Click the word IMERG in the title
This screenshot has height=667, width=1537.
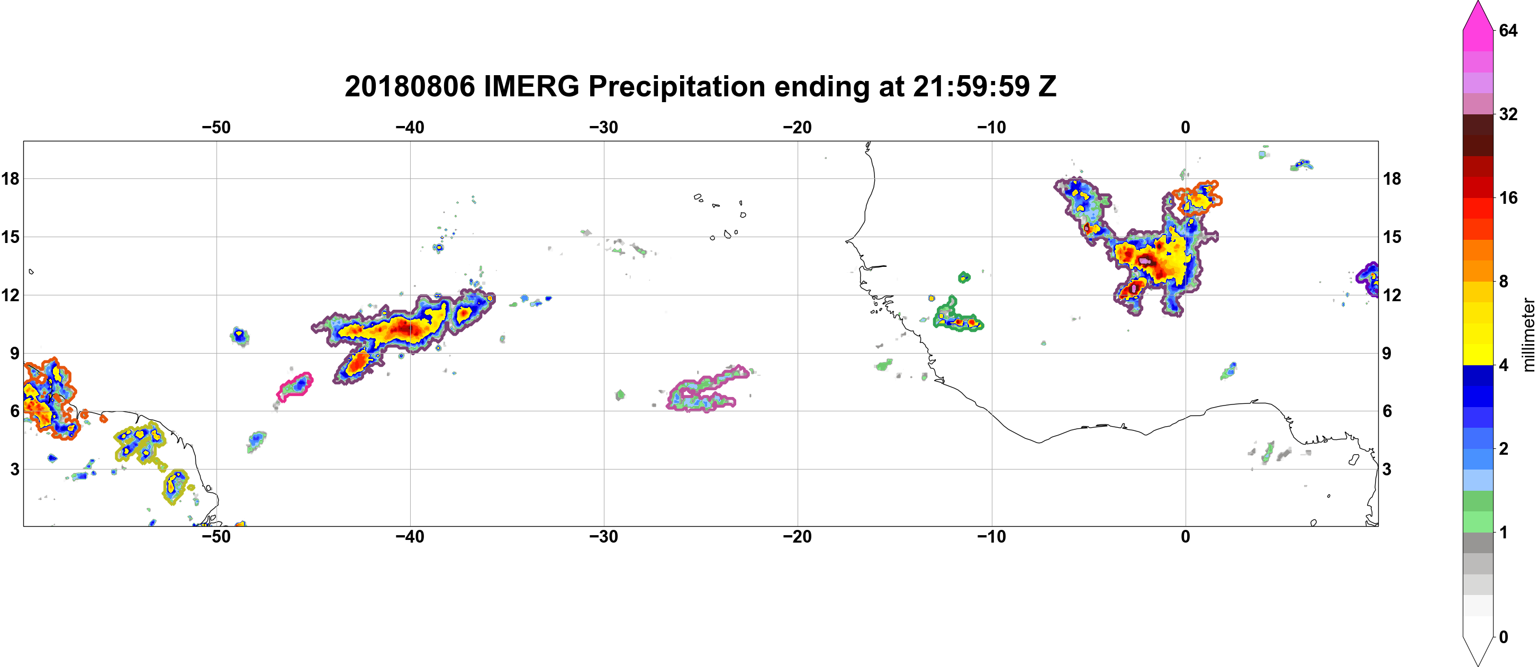point(531,86)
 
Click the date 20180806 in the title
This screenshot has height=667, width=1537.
point(410,86)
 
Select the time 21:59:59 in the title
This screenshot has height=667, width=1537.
point(971,86)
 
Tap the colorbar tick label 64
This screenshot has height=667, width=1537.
point(1508,30)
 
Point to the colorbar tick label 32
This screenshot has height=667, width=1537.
point(1508,114)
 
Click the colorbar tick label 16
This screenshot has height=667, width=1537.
point(1508,197)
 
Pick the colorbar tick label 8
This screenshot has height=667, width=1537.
point(1504,281)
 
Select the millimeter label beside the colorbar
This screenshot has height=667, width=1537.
point(1528,335)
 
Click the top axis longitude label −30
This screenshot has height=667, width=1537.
point(604,128)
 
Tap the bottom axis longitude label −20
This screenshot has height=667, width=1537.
point(798,537)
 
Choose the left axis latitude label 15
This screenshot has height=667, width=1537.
point(10,237)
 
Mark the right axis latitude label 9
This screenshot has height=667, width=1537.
point(1387,353)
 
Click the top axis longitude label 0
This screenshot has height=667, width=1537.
point(1186,128)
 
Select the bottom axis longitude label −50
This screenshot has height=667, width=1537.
point(216,537)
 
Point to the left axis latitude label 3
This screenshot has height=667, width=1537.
point(14,470)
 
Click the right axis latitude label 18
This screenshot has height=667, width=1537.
point(1392,179)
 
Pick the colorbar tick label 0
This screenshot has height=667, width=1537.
point(1504,637)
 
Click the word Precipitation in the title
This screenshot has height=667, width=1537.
point(676,86)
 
